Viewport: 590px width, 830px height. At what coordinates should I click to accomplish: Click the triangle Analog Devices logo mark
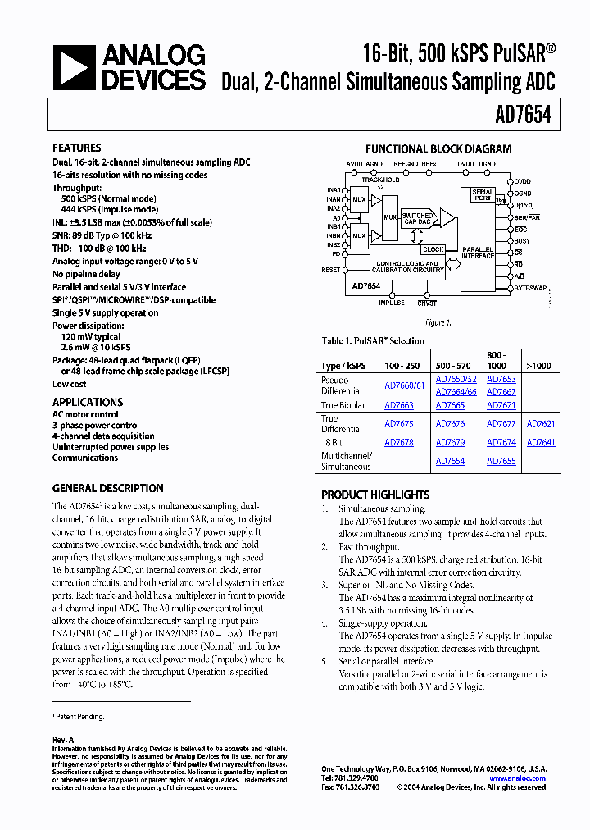point(75,67)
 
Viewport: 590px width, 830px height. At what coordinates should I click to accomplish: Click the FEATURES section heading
point(77,148)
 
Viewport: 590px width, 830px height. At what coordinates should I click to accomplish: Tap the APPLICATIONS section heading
point(88,402)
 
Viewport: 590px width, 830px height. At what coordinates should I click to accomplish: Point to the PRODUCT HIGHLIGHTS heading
point(375,495)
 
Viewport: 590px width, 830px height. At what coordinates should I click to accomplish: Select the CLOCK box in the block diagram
point(433,249)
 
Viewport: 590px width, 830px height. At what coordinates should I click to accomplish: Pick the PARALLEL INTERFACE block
point(478,253)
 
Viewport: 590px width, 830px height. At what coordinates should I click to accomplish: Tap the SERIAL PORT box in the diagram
point(483,195)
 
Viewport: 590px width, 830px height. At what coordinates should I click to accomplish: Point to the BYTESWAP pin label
point(529,289)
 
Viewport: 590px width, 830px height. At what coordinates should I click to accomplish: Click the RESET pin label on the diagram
point(330,270)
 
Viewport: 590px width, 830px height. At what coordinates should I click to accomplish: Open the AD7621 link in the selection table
point(540,424)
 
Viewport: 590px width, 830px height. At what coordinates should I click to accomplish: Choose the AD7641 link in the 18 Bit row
point(540,443)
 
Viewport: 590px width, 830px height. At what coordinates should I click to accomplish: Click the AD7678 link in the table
point(399,443)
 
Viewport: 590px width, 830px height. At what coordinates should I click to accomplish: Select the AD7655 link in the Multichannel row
point(501,462)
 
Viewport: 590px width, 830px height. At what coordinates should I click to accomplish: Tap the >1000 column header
point(538,365)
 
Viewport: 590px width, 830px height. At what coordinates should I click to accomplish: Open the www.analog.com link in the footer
point(517,778)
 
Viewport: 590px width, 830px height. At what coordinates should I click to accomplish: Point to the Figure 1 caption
point(438,322)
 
